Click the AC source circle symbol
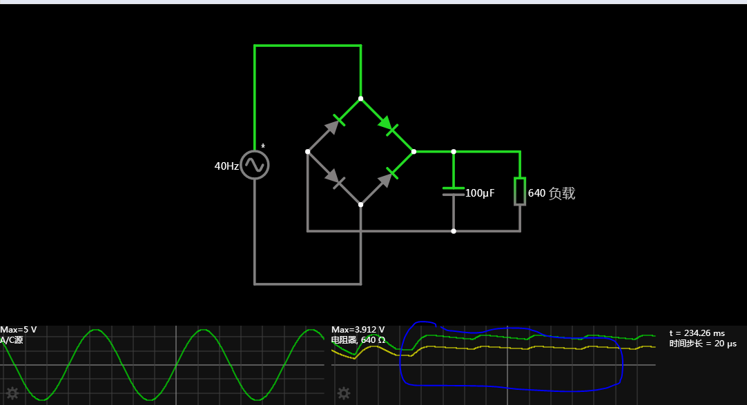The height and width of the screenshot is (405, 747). (x=254, y=166)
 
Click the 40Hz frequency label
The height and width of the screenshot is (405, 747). (x=226, y=166)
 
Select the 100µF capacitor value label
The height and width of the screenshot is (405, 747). (x=480, y=193)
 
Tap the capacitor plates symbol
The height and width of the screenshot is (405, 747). (x=454, y=191)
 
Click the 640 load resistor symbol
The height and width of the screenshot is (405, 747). (x=519, y=191)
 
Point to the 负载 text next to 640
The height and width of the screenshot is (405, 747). (x=561, y=193)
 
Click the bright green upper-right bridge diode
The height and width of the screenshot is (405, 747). (x=387, y=125)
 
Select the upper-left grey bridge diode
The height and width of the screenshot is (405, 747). (x=335, y=124)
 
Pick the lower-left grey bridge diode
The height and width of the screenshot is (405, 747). (x=335, y=179)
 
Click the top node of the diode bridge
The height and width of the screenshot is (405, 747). (x=360, y=99)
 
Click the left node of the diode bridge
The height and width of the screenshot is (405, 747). (x=308, y=151)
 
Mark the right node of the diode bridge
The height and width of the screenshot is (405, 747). (x=414, y=151)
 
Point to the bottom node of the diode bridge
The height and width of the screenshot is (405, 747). (x=360, y=204)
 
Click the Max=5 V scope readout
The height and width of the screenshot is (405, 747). (x=19, y=330)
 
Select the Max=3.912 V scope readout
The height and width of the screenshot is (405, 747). (x=358, y=330)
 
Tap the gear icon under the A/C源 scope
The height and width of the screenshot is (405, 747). (x=12, y=393)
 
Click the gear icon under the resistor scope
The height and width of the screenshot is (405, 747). (x=343, y=393)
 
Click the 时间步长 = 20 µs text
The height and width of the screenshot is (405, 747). (x=703, y=344)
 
